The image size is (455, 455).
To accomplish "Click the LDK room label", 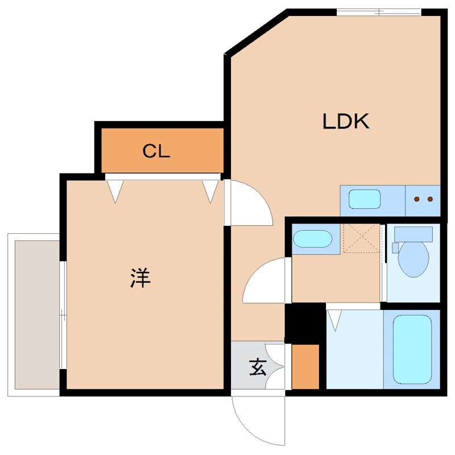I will pos(346,121).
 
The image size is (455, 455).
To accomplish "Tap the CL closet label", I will pos(156,151).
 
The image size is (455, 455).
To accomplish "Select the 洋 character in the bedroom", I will pos(140,278).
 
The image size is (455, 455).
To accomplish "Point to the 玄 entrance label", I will pos(257,368).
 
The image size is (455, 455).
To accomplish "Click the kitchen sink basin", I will pos(364,200).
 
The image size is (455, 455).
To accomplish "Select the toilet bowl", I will pos(413,259).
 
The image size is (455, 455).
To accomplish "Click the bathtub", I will pos(412,349).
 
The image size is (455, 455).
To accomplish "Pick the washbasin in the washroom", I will pos(312,238).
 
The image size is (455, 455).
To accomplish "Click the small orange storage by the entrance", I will pos(305,367).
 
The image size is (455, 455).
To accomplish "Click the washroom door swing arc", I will pos(264,282).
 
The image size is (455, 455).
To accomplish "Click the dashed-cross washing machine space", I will pos(361,238).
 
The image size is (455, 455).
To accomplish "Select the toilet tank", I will pos(413,233).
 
